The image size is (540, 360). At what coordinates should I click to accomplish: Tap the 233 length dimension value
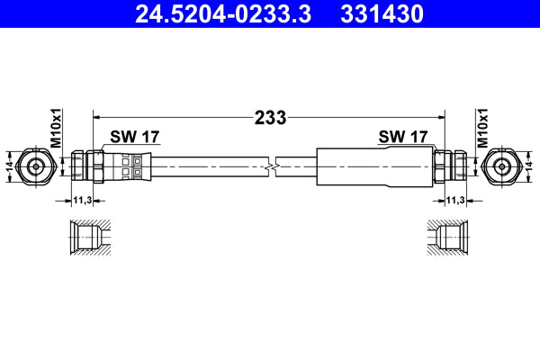click(x=270, y=117)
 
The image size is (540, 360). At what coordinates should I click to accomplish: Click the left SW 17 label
click(x=134, y=137)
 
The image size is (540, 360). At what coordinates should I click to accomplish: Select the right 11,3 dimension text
click(x=455, y=201)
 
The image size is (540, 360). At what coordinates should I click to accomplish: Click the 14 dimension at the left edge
click(x=9, y=166)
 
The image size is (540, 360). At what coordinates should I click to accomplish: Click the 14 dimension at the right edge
click(x=531, y=166)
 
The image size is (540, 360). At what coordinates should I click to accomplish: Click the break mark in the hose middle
click(x=272, y=166)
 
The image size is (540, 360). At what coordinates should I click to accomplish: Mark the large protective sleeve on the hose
click(x=369, y=166)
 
